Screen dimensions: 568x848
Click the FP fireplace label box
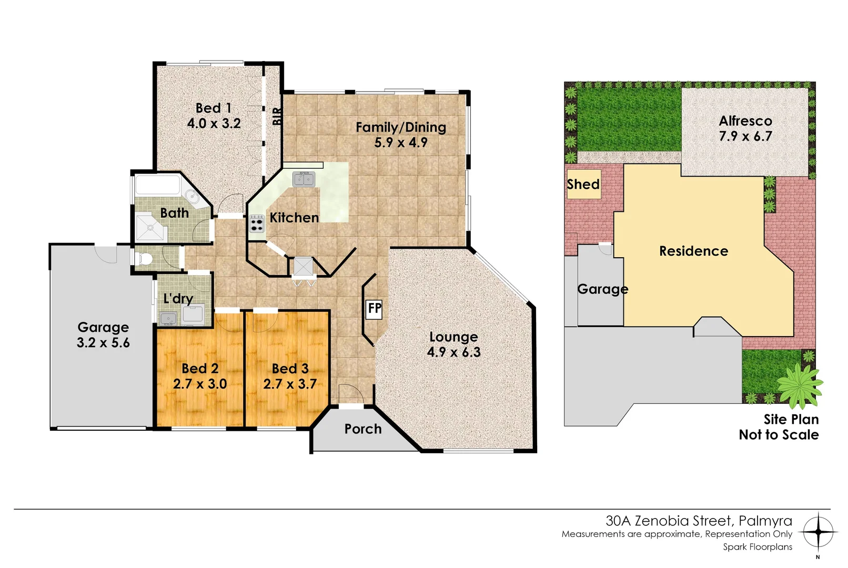pyautogui.click(x=375, y=309)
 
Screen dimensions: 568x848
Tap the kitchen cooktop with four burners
pyautogui.click(x=257, y=224)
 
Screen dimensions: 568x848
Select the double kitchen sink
pyautogui.click(x=304, y=179)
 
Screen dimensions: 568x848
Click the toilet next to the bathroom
pyautogui.click(x=144, y=259)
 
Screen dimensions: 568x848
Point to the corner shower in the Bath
pyautogui.click(x=152, y=227)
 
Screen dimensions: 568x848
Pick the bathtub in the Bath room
pyautogui.click(x=158, y=186)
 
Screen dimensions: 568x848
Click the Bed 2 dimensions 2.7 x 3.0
pyautogui.click(x=200, y=384)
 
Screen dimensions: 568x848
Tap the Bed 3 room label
pyautogui.click(x=290, y=369)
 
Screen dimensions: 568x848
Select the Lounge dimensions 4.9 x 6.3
pyautogui.click(x=453, y=352)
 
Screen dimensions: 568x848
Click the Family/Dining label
pyautogui.click(x=401, y=127)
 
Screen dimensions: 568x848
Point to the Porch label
pyautogui.click(x=363, y=429)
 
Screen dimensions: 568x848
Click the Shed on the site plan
pyautogui.click(x=583, y=184)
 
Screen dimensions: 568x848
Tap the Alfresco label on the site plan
pyautogui.click(x=745, y=121)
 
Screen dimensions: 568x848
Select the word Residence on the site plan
pyautogui.click(x=693, y=251)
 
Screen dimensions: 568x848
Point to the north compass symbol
pyautogui.click(x=818, y=533)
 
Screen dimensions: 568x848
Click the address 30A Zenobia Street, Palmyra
pyautogui.click(x=699, y=521)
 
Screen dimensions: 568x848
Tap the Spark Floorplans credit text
pyautogui.click(x=757, y=547)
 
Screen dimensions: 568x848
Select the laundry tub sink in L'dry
pyautogui.click(x=168, y=318)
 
